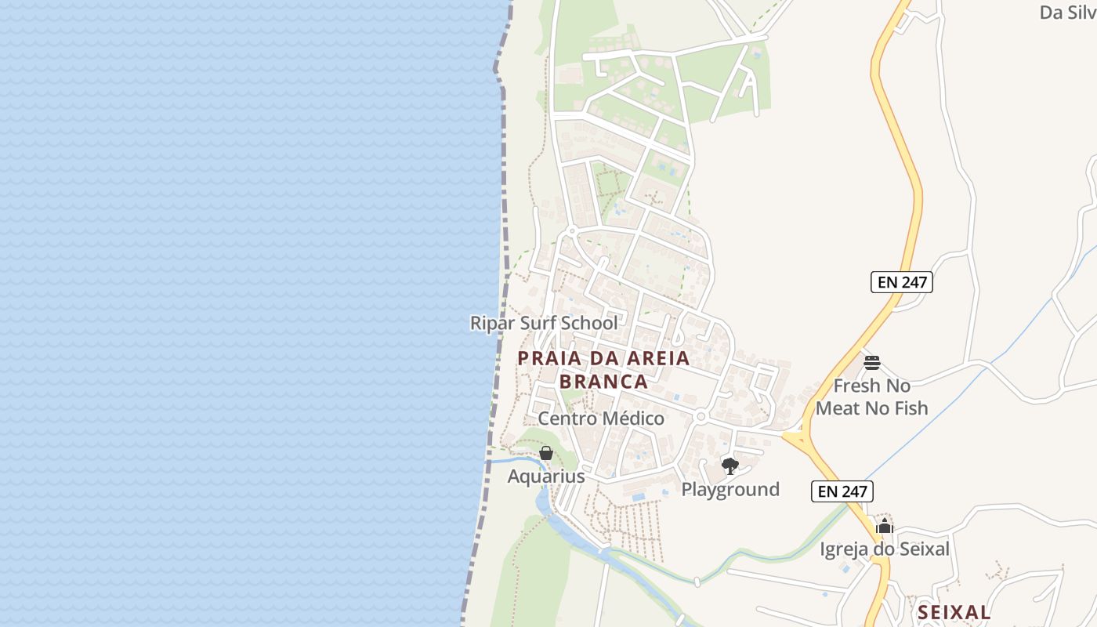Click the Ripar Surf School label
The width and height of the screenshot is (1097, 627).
tap(544, 323)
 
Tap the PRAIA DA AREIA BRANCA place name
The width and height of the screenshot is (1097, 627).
tap(603, 370)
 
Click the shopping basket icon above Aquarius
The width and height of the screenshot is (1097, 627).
tap(546, 453)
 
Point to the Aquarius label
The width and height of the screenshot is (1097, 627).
tap(546, 477)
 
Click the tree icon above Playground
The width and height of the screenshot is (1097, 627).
tap(730, 466)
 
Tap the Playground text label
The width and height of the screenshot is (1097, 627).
tap(730, 490)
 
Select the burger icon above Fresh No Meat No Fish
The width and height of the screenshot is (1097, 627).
tap(871, 362)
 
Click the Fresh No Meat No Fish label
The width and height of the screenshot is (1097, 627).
tap(871, 397)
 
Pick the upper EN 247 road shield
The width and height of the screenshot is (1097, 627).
tap(902, 282)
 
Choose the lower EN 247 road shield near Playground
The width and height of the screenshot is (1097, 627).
tap(842, 491)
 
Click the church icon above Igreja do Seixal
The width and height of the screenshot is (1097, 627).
tap(885, 526)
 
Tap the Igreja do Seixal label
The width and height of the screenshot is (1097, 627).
tap(885, 549)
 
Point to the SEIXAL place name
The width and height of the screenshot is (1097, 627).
tap(954, 612)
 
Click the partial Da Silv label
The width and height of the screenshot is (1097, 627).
tap(1067, 13)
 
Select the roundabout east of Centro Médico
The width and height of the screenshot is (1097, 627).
tap(701, 417)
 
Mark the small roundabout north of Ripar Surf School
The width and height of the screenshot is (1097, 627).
tap(572, 231)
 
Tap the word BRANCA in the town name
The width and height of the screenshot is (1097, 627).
tap(603, 382)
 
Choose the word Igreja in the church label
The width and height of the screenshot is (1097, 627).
tap(845, 549)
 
